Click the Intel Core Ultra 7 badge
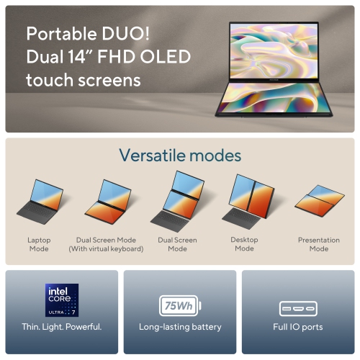62,300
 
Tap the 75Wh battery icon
180,305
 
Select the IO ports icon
297,309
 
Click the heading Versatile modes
180,156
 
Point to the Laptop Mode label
39,244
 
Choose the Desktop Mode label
244,244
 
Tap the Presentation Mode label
318,244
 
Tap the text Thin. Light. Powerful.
62,327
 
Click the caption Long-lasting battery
180,327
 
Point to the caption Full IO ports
297,327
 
